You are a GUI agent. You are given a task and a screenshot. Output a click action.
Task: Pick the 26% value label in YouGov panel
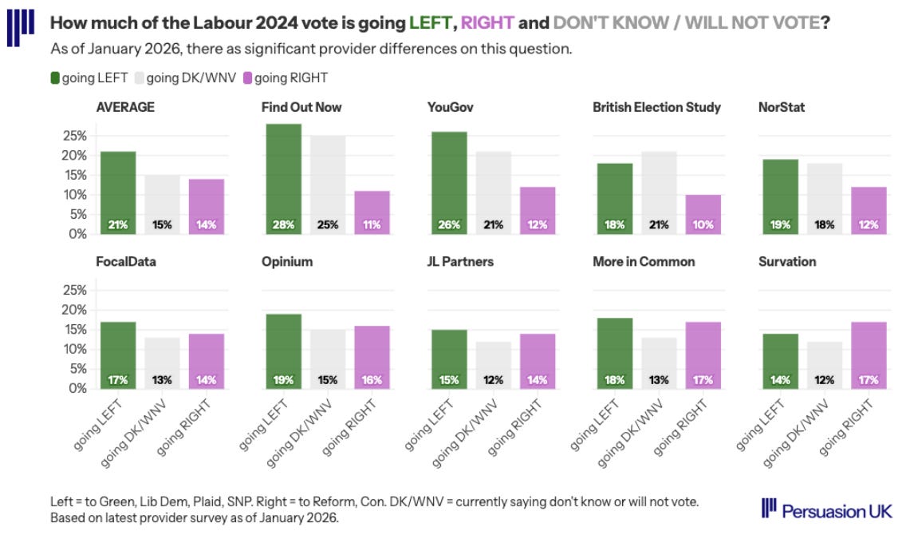[x=449, y=225]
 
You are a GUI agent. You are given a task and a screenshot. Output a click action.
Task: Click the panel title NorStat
[x=781, y=107]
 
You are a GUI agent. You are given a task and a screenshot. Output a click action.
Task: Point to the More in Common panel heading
[x=643, y=261]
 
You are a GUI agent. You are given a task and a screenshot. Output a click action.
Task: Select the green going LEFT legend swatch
[x=55, y=77]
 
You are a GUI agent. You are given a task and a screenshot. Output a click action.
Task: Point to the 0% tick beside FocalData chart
[x=77, y=389]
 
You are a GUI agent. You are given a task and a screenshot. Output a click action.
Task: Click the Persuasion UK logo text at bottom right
[x=837, y=510]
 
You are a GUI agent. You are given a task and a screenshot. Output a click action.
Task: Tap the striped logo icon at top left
[x=20, y=26]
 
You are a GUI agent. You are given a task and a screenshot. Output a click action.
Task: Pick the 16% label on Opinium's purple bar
[x=372, y=380]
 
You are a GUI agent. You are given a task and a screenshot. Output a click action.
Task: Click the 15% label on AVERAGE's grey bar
[x=162, y=225]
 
